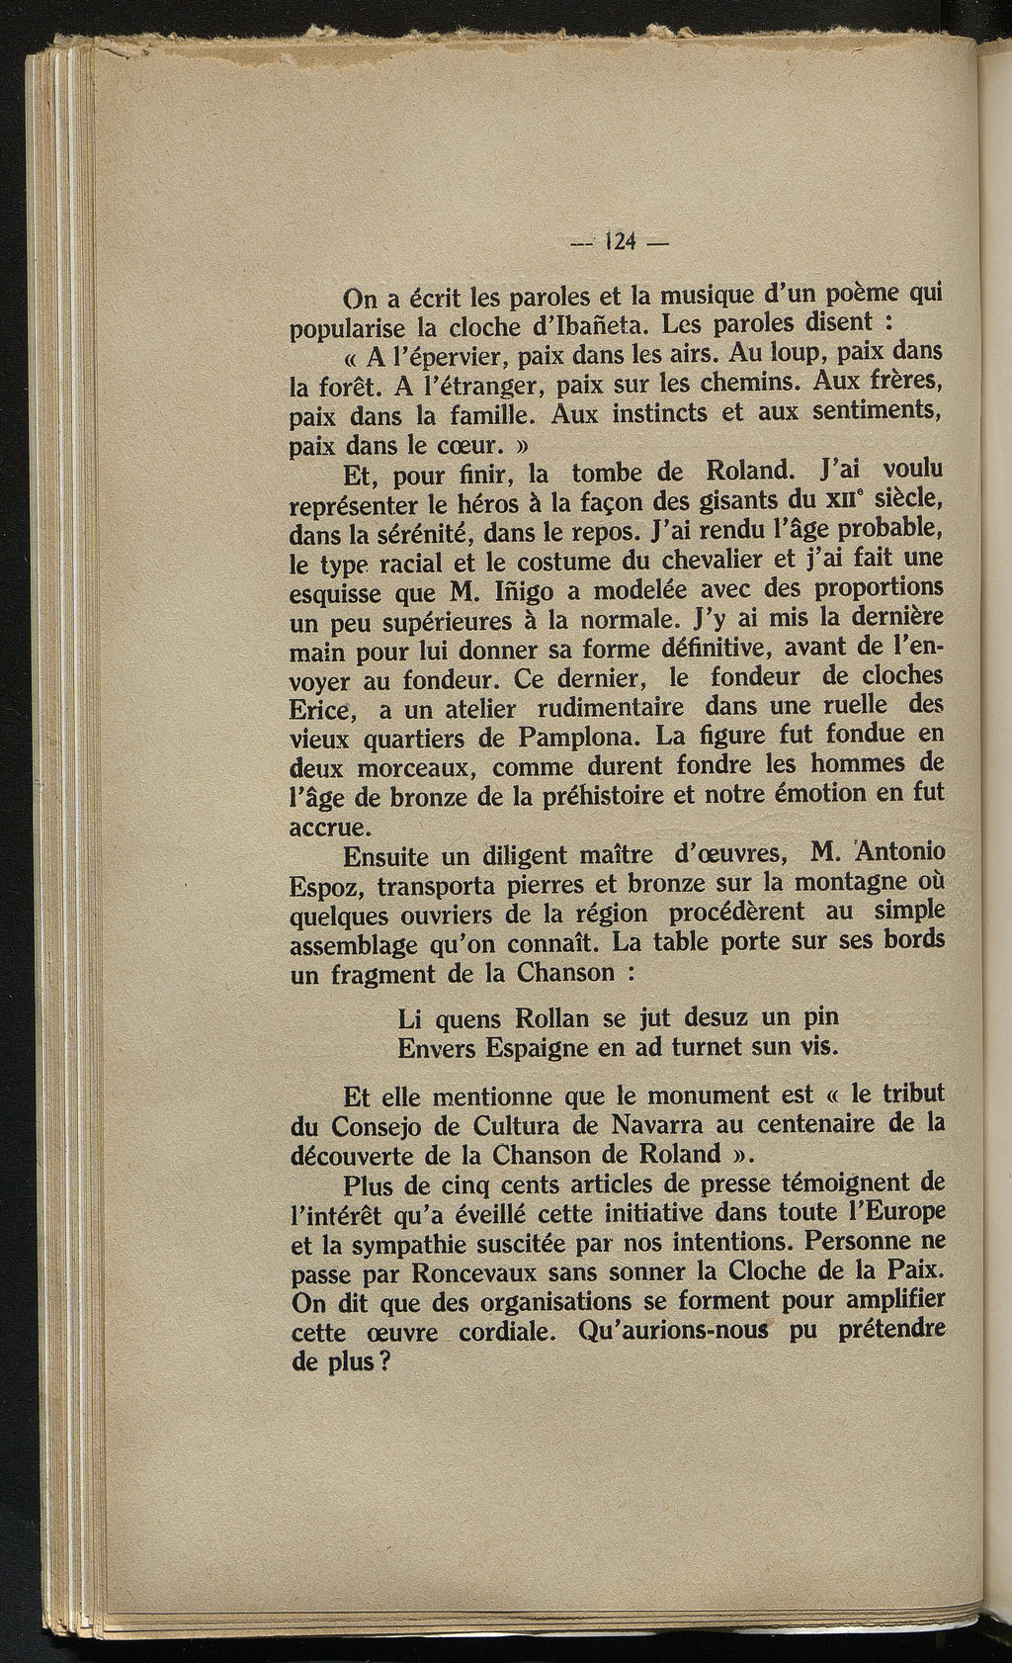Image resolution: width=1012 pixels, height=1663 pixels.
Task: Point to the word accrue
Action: click(x=329, y=827)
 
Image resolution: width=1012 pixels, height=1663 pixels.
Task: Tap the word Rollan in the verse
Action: click(x=548, y=1017)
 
